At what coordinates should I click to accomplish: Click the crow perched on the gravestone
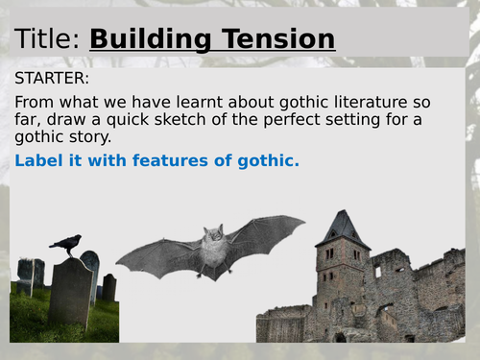pyautogui.click(x=66, y=244)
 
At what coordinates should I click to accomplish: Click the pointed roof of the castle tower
pyautogui.click(x=342, y=226)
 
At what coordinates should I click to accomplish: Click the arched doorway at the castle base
pyautogui.click(x=340, y=337)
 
